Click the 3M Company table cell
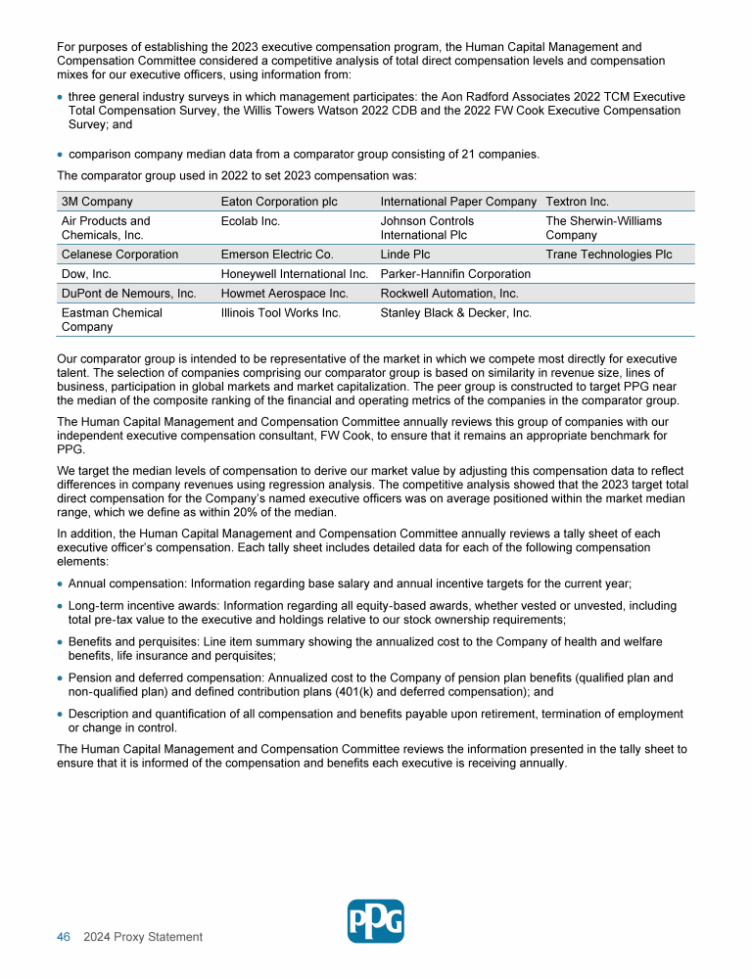click(97, 202)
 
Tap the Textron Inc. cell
click(577, 202)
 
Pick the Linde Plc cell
click(401, 255)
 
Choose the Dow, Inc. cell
click(86, 274)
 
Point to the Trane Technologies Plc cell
click(608, 255)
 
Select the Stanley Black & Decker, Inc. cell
click(455, 313)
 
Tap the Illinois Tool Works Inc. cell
click(281, 313)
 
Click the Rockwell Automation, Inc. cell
click(449, 294)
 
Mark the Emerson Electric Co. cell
click(277, 255)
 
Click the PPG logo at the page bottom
click(375, 921)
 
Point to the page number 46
click(64, 937)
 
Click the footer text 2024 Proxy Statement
click(143, 937)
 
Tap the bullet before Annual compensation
click(61, 583)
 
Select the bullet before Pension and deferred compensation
click(61, 677)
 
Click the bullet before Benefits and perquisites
click(61, 642)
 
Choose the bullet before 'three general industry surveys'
click(61, 98)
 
